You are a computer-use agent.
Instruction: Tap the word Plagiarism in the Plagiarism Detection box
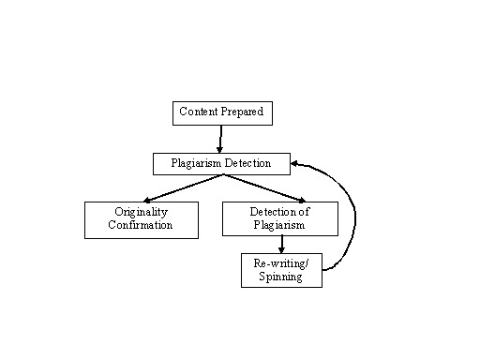[198, 163]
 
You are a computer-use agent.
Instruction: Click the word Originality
[141, 213]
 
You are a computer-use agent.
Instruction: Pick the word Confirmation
[141, 226]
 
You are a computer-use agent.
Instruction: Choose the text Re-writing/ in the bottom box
[281, 263]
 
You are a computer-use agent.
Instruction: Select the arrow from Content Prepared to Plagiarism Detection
[221, 138]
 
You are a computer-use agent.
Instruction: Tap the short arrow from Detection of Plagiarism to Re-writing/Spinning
[281, 244]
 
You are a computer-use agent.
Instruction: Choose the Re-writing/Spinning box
[281, 270]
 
